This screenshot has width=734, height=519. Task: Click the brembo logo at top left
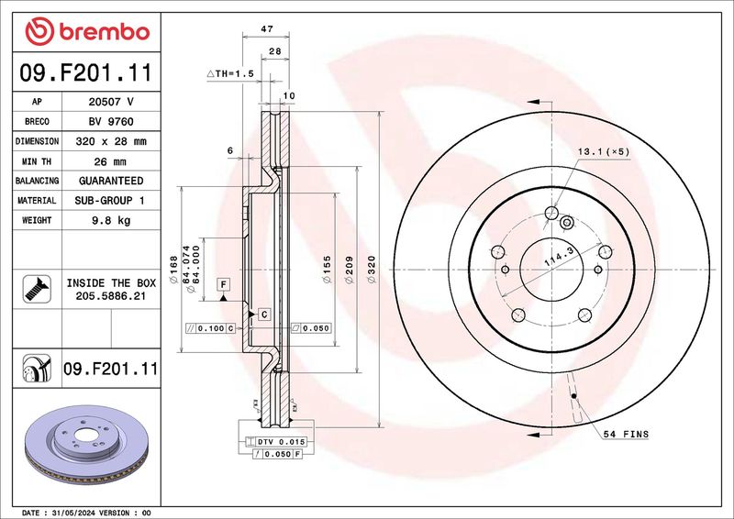[87, 31]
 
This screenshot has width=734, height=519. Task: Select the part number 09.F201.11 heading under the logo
[86, 72]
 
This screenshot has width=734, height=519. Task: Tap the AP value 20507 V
[111, 102]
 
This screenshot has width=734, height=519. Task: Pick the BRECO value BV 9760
[111, 122]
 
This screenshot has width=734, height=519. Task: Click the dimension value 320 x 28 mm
[111, 141]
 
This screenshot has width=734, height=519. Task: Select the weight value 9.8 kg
[111, 220]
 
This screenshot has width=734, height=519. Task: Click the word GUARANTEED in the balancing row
[111, 181]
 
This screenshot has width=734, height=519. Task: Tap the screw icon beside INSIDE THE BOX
[37, 289]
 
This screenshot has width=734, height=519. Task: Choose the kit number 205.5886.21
[111, 296]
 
